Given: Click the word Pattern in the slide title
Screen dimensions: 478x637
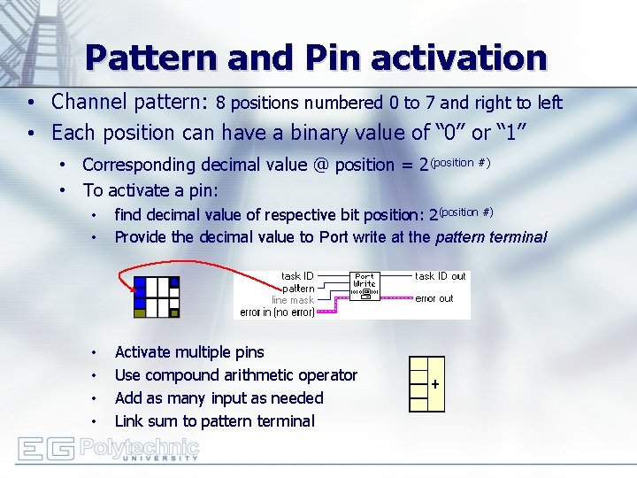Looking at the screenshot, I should coord(151,58).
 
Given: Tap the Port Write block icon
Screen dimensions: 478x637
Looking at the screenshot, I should coord(365,289).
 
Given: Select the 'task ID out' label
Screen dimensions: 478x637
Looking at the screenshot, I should coord(440,276).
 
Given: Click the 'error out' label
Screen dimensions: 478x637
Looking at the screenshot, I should coord(434,299).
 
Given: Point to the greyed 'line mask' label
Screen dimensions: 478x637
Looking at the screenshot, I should coord(292,300).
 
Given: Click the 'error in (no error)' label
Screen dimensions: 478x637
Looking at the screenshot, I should coord(277,312).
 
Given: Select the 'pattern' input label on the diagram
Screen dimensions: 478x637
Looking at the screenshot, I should coord(298,289).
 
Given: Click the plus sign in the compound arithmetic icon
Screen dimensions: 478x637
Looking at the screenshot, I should coord(434,385).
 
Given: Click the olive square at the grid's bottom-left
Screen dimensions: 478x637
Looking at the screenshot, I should coord(139,312).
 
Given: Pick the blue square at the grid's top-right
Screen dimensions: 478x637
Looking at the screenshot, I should coord(173,282).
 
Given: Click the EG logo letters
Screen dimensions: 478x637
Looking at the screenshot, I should coord(45,449).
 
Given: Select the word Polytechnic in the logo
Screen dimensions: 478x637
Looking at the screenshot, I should coord(139,445).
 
